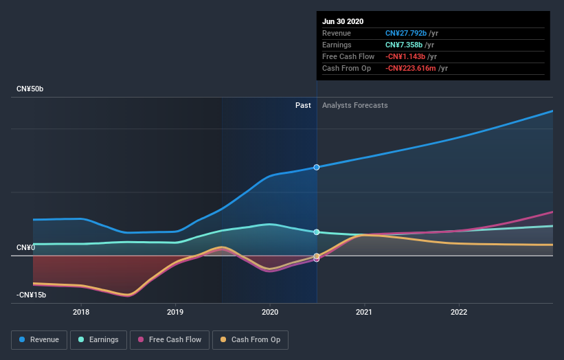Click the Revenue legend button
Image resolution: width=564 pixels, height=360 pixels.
40,339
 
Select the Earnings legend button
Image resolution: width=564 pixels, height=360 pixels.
98,339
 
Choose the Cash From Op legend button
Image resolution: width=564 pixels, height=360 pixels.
250,339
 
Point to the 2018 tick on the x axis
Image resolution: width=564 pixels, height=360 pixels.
81,311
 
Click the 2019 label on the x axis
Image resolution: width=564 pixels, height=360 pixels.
175,311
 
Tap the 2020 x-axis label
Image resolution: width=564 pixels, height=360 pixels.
270,311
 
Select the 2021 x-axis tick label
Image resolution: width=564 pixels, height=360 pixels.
364,311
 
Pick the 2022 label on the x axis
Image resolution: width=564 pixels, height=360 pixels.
459,311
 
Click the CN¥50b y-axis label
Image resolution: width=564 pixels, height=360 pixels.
31,89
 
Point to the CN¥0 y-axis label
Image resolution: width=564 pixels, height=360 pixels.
26,247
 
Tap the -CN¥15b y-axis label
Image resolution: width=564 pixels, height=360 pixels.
32,295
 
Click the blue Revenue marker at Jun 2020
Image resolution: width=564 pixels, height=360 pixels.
317,167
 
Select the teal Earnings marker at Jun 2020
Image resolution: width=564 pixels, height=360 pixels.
317,232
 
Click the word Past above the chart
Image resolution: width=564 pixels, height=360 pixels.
303,105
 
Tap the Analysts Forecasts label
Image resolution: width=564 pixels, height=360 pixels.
354,105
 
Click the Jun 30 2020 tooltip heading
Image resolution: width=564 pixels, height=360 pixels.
343,21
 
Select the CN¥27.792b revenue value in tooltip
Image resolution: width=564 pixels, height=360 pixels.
405,33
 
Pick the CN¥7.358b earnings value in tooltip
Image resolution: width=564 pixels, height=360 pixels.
403,45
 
